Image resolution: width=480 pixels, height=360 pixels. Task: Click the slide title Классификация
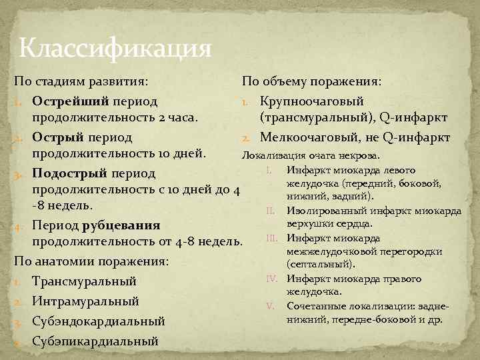[115, 48]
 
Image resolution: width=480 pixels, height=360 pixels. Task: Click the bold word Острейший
[71, 102]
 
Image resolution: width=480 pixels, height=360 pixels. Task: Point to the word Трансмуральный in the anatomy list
[84, 281]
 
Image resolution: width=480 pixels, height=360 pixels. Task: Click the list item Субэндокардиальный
[98, 321]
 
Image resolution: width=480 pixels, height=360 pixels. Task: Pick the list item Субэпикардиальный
[95, 341]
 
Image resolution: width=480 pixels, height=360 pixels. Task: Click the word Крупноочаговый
[312, 101]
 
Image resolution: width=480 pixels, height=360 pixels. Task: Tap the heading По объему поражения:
[312, 81]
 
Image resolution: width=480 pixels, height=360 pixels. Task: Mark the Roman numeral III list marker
[273, 238]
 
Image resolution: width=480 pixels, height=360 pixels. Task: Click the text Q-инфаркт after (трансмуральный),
[414, 119]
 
